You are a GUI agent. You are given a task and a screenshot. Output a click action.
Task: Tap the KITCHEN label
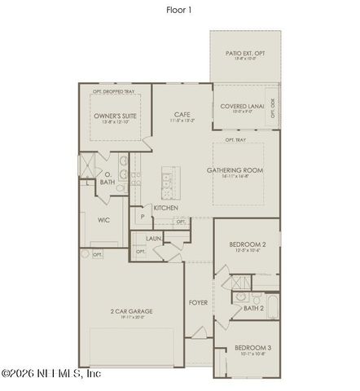pyautogui.click(x=166, y=208)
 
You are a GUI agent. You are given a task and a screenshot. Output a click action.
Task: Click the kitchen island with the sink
pyautogui.click(x=169, y=186)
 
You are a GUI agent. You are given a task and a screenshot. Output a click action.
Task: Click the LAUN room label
pyautogui.click(x=154, y=239)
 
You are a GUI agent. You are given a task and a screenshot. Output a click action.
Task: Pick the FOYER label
pyautogui.click(x=198, y=302)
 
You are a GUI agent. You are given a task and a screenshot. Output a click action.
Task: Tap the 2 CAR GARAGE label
pyautogui.click(x=132, y=311)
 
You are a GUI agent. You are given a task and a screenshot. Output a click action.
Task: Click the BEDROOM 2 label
pyautogui.click(x=244, y=244)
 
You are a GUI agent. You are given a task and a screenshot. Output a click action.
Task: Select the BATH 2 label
pyautogui.click(x=253, y=308)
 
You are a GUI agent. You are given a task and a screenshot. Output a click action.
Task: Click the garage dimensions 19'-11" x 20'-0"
pyautogui.click(x=132, y=319)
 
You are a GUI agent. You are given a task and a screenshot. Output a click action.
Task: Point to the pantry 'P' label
pyautogui.click(x=142, y=217)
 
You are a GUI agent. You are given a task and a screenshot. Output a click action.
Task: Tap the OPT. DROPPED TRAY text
pyautogui.click(x=113, y=91)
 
